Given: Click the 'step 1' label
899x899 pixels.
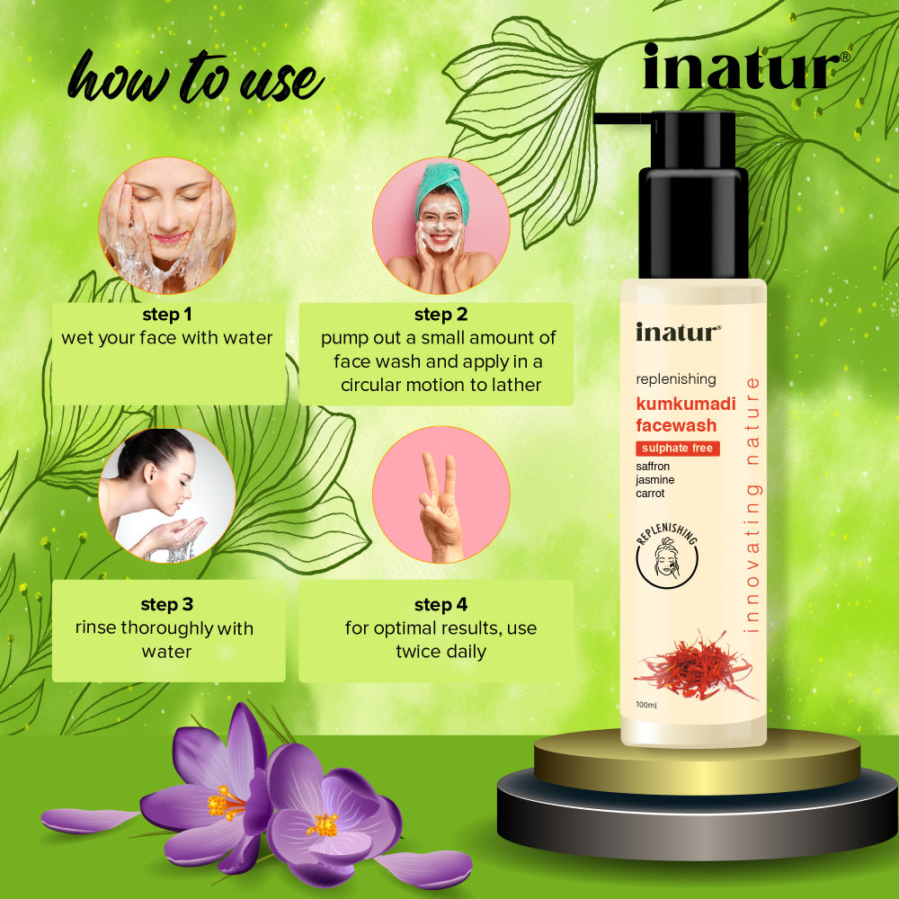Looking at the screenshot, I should (167, 316).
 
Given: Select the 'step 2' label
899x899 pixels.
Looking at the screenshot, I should (441, 315).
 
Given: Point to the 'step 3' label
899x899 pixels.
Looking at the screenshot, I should (167, 605).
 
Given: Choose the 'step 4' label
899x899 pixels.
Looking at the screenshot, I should (441, 605).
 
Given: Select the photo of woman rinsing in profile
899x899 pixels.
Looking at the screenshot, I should (167, 495).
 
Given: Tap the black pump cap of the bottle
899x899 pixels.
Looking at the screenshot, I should (692, 193).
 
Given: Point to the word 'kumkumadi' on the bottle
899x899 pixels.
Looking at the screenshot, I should (685, 404).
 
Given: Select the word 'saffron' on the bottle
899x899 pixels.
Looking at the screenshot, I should (653, 467).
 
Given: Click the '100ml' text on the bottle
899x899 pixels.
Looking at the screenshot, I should (646, 705).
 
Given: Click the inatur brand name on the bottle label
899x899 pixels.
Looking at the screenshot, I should (678, 333).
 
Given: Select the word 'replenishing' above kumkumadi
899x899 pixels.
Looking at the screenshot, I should (675, 379).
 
